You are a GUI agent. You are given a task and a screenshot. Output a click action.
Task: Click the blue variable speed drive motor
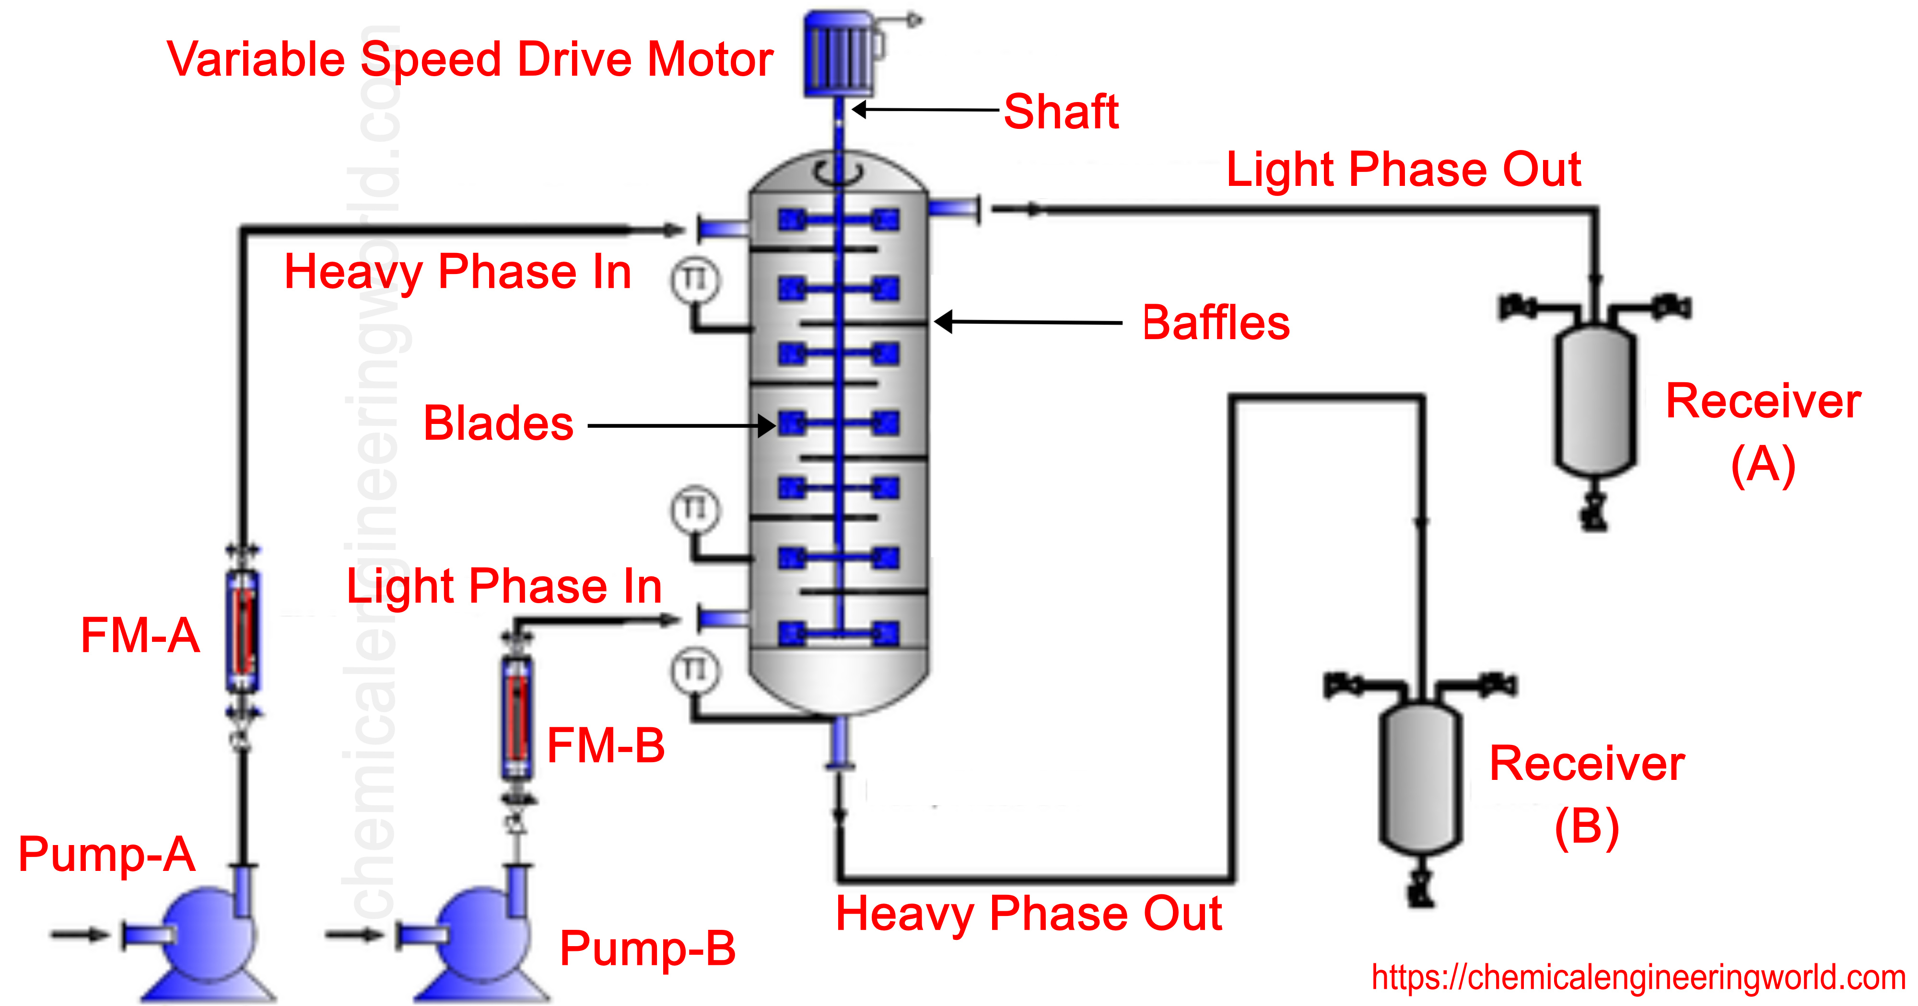click(x=841, y=54)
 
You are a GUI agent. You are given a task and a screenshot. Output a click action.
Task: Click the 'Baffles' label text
click(x=1215, y=324)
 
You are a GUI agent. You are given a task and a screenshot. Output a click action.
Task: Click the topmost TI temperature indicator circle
click(x=695, y=281)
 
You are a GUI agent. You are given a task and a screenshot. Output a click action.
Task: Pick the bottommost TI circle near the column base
click(x=695, y=670)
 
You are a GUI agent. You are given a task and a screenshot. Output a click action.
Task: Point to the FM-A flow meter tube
click(x=243, y=631)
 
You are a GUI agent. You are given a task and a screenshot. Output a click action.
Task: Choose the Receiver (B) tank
click(x=1421, y=777)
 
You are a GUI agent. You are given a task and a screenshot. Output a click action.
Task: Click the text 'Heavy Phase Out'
click(x=1028, y=914)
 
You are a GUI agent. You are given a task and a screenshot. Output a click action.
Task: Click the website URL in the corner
click(x=1638, y=977)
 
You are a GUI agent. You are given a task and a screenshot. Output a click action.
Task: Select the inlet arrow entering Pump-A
click(x=78, y=935)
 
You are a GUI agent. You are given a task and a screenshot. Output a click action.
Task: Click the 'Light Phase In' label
click(x=504, y=586)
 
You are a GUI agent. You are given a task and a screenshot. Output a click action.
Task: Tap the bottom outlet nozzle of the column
click(x=840, y=744)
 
